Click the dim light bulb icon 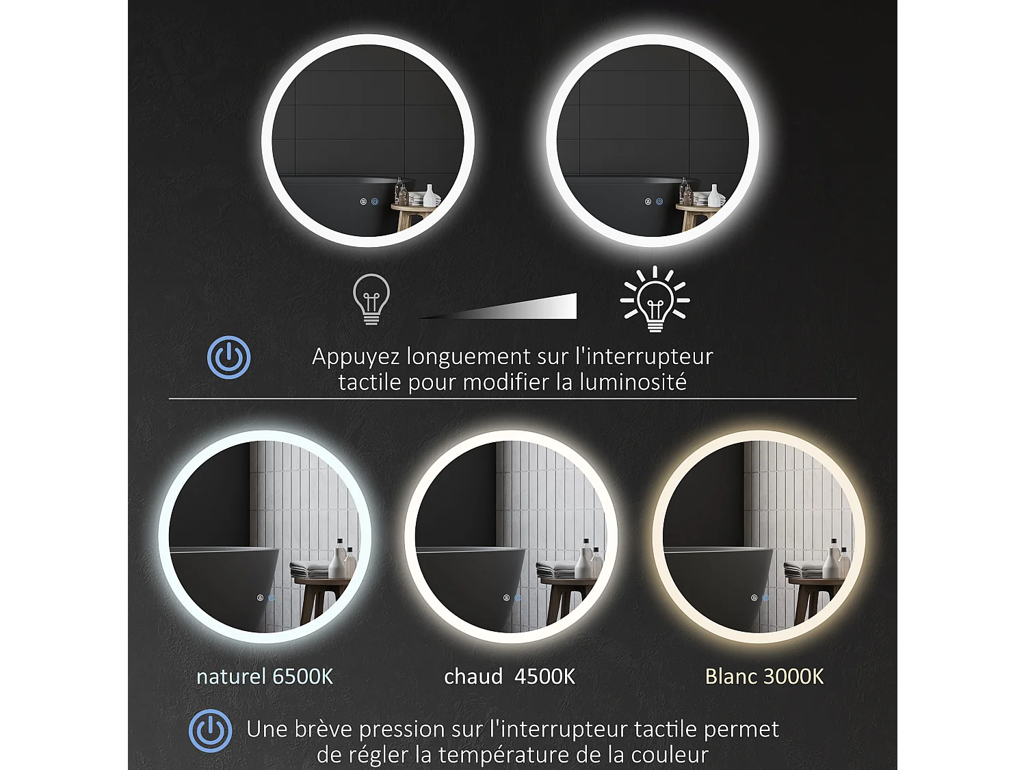(x=371, y=298)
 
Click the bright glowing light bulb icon (x=655, y=300)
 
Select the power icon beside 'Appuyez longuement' (x=229, y=357)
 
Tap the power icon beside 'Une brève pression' (x=211, y=730)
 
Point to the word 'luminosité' (x=633, y=382)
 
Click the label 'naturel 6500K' (x=265, y=676)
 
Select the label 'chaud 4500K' (x=510, y=676)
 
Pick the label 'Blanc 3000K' (x=764, y=676)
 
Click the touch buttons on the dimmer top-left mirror (x=369, y=202)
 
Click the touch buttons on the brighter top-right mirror (x=653, y=202)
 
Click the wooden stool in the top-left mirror (x=410, y=216)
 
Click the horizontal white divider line (x=512, y=398)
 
